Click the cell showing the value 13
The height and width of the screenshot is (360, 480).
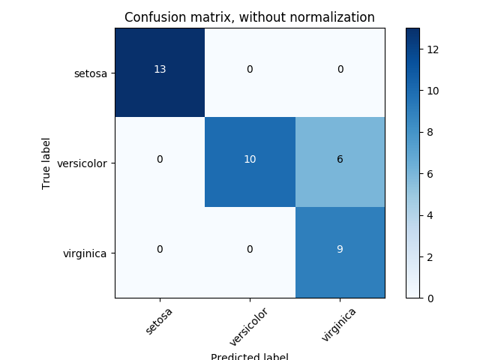click(160, 70)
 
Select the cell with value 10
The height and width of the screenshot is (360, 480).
click(250, 160)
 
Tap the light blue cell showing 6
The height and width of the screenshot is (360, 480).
click(340, 160)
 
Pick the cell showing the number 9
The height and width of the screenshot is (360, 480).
click(340, 250)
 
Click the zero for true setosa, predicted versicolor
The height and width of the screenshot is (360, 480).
click(250, 70)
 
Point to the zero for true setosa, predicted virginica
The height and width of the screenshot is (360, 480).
click(340, 70)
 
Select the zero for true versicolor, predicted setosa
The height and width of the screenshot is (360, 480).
click(160, 160)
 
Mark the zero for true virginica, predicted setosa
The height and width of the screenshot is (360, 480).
click(160, 250)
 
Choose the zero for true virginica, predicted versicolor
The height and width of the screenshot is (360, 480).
click(250, 250)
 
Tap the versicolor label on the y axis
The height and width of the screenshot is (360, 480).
click(85, 163)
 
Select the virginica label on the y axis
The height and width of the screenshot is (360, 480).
click(88, 253)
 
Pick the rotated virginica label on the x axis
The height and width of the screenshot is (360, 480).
click(339, 324)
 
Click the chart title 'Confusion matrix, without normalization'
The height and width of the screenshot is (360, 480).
click(250, 17)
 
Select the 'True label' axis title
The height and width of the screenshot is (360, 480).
click(46, 163)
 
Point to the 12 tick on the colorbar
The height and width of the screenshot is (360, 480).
click(433, 49)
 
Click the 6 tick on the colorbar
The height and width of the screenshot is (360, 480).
click(430, 173)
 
